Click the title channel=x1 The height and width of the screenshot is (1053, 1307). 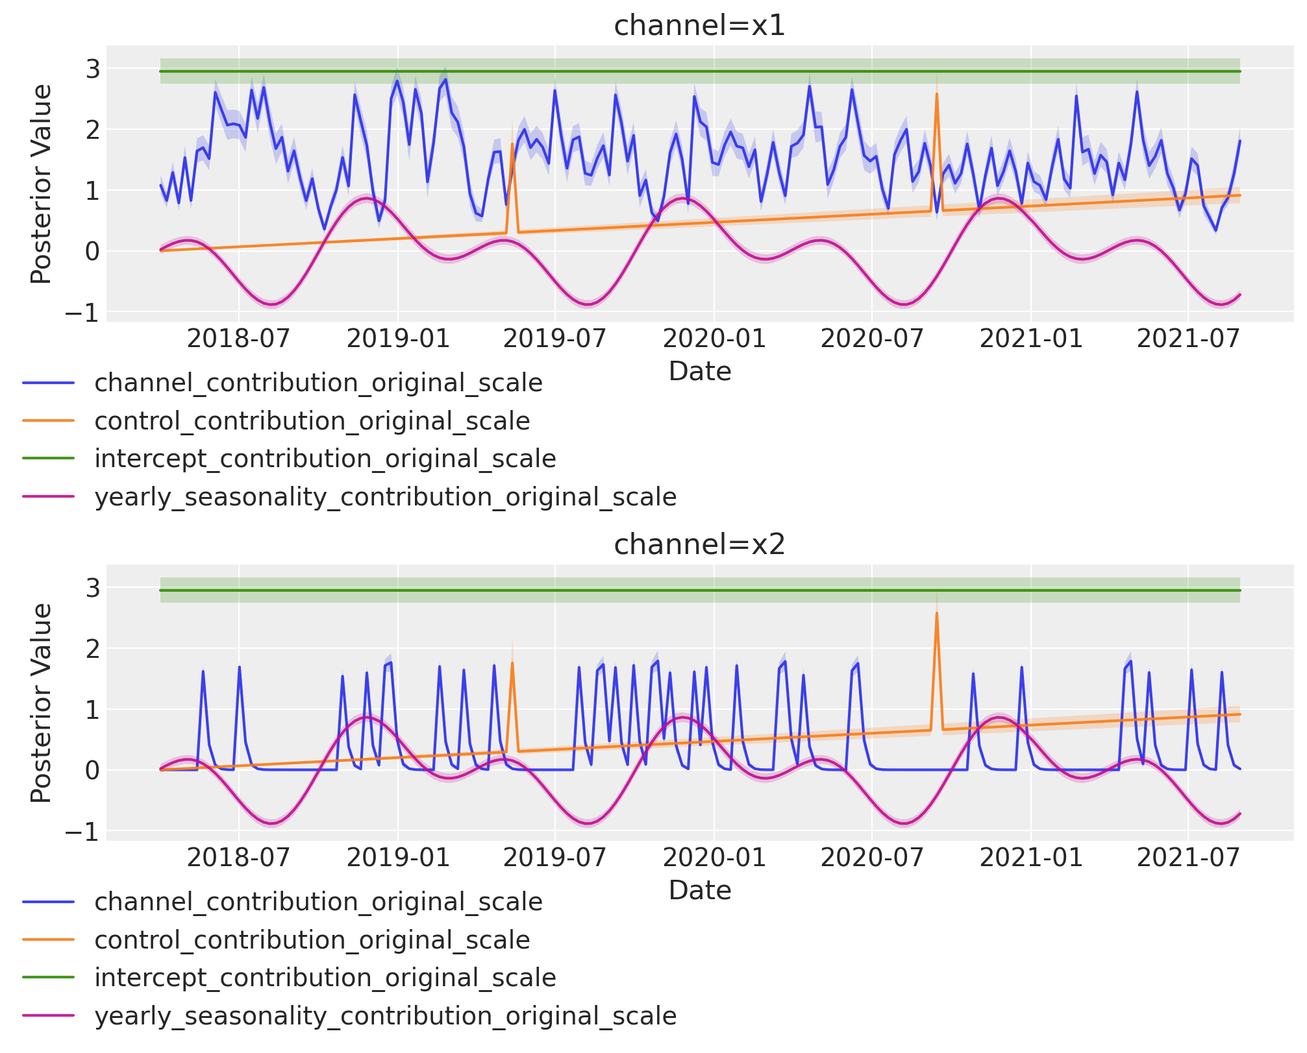699,26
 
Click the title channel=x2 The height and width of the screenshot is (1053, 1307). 699,545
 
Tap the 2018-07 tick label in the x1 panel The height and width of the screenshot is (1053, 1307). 239,339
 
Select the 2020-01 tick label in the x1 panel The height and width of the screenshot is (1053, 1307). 714,339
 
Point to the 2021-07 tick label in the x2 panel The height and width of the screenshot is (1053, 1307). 1188,858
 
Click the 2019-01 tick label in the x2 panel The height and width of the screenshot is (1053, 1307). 397,858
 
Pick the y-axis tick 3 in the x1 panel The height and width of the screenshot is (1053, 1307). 92,69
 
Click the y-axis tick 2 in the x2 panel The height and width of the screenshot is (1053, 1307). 92,649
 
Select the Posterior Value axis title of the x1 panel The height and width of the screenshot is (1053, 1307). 42,184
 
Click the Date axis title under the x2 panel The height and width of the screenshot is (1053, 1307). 699,890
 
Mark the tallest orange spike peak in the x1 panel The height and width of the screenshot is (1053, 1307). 936,93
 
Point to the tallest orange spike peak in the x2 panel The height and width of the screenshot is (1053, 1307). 936,612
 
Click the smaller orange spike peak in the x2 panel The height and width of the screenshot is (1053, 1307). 512,662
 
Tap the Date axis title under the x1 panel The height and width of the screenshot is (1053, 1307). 699,371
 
